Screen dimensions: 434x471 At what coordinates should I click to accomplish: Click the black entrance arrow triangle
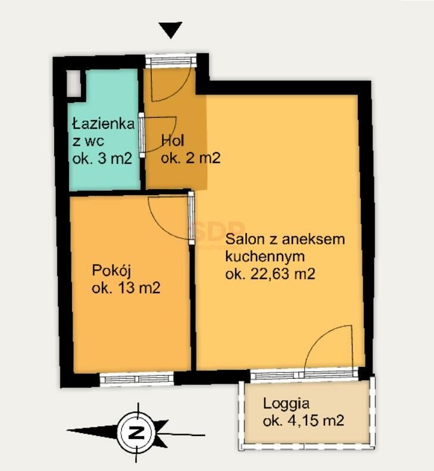point(170,29)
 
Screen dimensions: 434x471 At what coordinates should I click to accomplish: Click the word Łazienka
point(104,123)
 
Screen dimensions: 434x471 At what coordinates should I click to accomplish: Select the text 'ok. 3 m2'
point(102,158)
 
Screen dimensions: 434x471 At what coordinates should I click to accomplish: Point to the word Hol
point(173,140)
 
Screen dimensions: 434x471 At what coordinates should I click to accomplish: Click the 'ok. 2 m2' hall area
point(191,158)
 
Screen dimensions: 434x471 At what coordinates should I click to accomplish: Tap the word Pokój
point(111,271)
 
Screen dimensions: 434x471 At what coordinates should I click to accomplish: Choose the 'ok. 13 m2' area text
point(126,288)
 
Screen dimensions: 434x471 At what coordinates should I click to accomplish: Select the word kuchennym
point(265,256)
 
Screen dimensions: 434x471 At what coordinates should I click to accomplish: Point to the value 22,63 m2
point(283,274)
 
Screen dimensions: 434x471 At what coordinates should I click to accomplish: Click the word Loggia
point(286,403)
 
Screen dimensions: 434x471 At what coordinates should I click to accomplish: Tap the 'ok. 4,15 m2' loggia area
point(304,420)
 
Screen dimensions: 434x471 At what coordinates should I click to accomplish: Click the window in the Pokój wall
point(137,378)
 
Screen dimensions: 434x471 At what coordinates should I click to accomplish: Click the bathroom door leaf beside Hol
point(142,135)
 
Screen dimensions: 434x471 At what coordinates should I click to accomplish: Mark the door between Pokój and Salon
point(191,218)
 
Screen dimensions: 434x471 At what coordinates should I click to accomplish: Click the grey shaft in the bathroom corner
point(73,83)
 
